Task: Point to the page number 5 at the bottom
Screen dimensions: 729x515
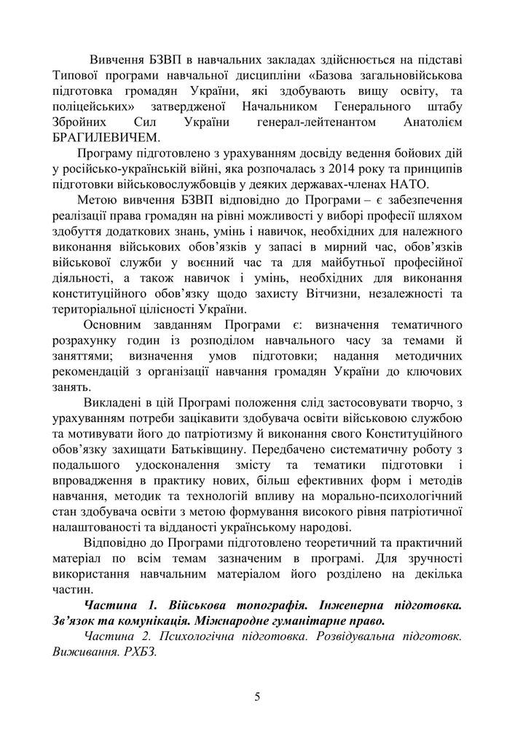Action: click(257, 696)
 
